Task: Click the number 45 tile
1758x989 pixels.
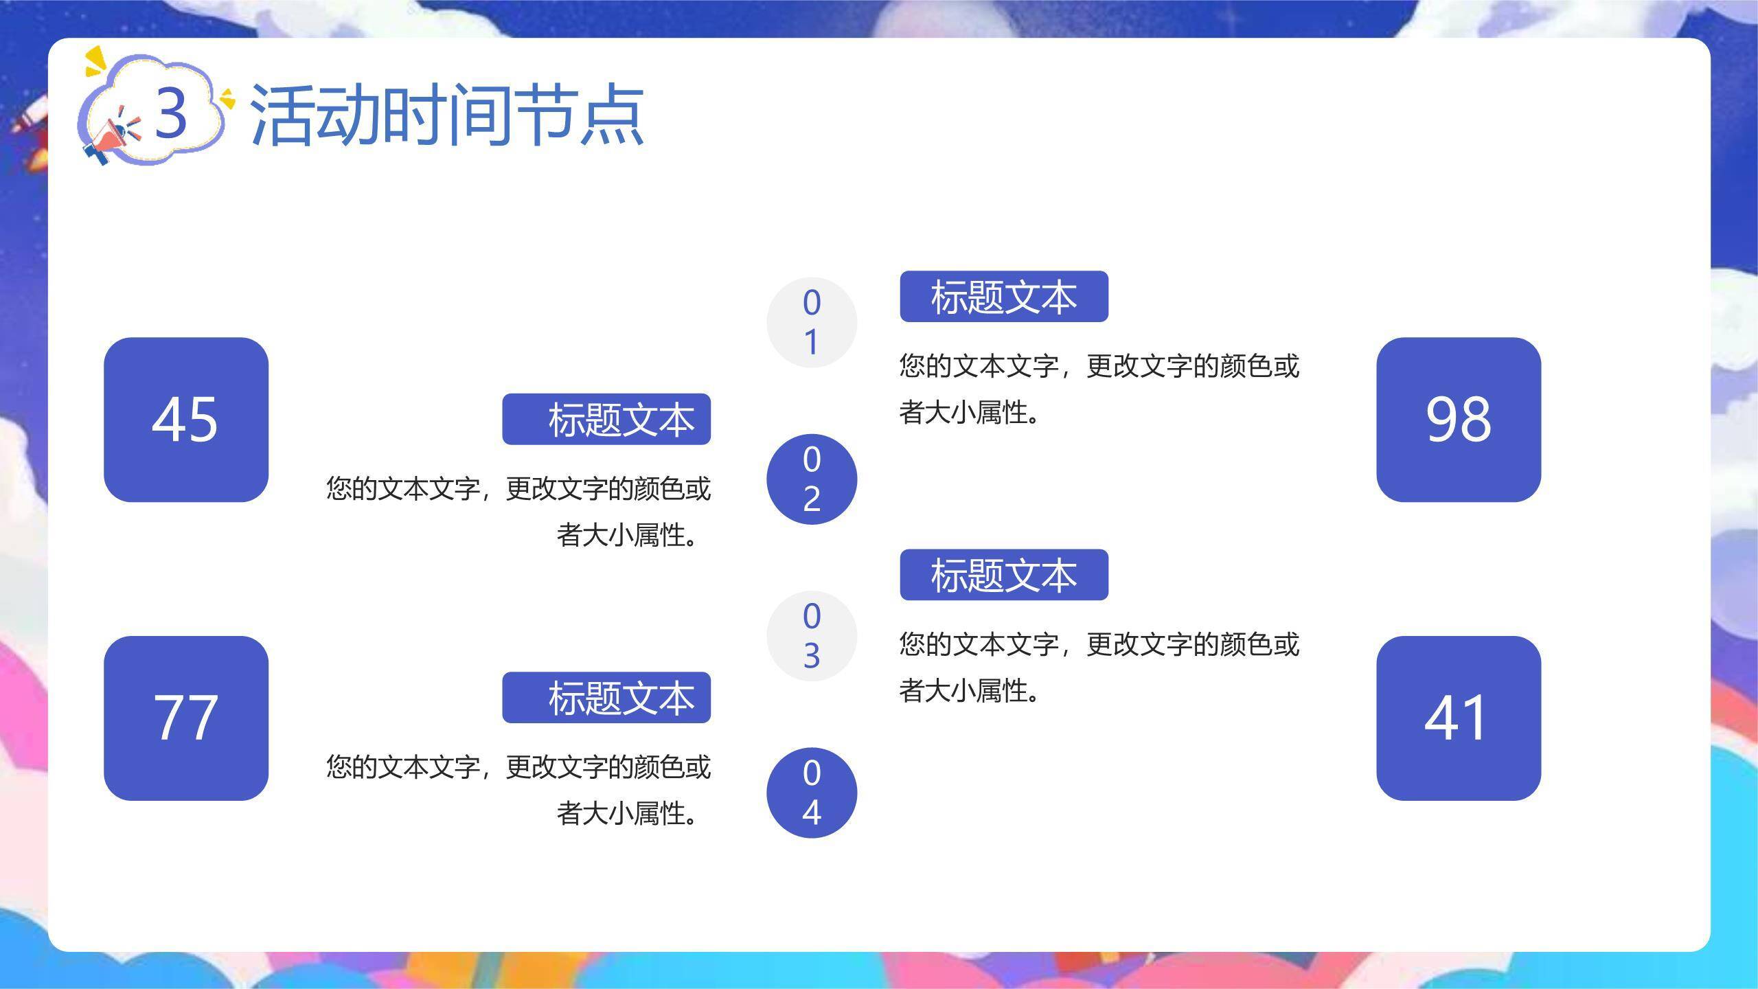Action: pos(185,420)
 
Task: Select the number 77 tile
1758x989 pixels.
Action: pos(185,718)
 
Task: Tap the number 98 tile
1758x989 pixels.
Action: pos(1459,420)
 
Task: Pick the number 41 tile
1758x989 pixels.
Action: pos(1459,718)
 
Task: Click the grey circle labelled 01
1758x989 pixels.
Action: pos(812,323)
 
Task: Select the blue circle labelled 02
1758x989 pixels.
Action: pos(812,479)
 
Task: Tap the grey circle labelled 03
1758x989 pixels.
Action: pos(812,636)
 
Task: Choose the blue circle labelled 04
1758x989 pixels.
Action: pos(812,793)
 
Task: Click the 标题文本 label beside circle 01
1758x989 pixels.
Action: pos(1004,297)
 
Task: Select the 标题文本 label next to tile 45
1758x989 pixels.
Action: pos(606,419)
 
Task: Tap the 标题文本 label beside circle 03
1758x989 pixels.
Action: pos(1004,575)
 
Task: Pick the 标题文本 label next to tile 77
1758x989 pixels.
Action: pos(606,697)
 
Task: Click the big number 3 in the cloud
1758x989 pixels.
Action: pos(170,112)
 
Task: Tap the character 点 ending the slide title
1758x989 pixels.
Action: pos(611,115)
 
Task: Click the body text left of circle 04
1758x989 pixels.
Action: pos(518,790)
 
